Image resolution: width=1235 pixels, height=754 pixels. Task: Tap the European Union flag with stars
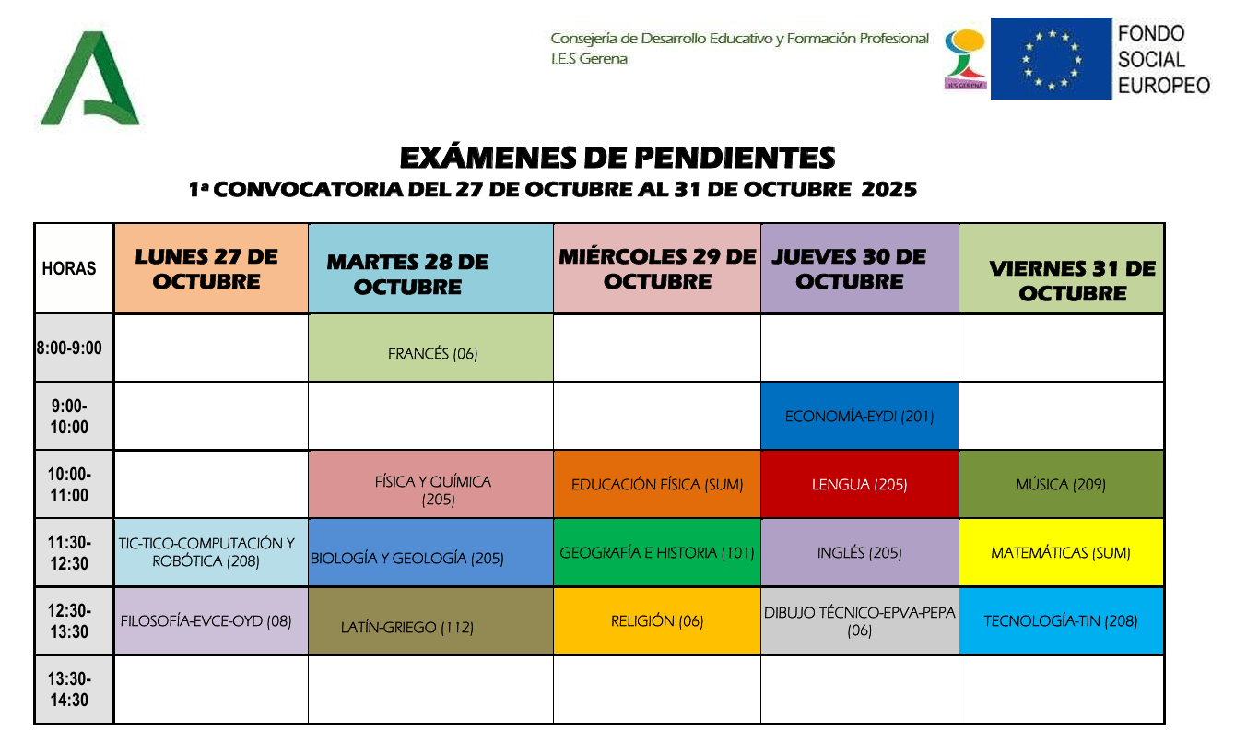(x=1051, y=59)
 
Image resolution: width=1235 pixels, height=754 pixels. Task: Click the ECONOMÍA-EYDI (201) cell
(x=859, y=417)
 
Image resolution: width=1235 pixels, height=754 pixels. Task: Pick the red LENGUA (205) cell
(x=859, y=485)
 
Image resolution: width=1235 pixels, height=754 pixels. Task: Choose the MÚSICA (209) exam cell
(x=1060, y=485)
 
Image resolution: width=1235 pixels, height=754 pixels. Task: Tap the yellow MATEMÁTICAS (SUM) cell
(x=1060, y=553)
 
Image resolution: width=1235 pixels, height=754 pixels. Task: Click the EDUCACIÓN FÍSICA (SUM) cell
(x=656, y=485)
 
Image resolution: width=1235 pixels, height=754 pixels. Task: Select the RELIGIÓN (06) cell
(x=656, y=621)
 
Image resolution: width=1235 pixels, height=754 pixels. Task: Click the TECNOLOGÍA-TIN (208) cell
(x=1060, y=621)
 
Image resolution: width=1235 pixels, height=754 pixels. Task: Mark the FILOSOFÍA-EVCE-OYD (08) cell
(x=206, y=621)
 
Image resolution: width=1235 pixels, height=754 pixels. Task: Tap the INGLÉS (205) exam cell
(x=859, y=553)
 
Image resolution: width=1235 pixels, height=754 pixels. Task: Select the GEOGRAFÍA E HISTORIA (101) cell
(x=656, y=553)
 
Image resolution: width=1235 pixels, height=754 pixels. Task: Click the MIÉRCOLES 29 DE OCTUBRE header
(x=656, y=268)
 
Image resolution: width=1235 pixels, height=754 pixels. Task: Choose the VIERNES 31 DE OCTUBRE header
(x=1071, y=280)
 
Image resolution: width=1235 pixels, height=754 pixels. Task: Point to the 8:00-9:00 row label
(x=70, y=348)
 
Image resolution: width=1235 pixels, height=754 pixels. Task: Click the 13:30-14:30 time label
(x=70, y=689)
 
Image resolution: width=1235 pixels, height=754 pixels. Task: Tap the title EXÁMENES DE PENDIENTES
(x=617, y=159)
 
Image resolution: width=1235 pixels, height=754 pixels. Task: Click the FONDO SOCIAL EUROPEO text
(x=1163, y=59)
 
